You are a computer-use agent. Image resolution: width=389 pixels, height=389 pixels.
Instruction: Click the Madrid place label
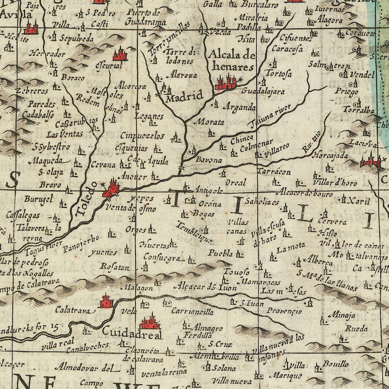tap(185, 97)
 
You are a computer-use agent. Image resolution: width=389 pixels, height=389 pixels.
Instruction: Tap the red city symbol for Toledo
tap(112, 189)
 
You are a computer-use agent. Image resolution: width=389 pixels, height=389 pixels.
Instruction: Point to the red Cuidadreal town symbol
tap(150, 322)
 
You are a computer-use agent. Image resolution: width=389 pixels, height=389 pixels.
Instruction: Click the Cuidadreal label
tap(132, 335)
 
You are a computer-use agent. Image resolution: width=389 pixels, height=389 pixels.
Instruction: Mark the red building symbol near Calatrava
tap(106, 301)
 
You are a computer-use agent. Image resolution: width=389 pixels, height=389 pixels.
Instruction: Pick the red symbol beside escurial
tap(120, 55)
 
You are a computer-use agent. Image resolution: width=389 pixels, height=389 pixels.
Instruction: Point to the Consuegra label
tap(166, 258)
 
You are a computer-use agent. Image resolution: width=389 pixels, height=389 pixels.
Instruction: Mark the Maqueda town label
tap(45, 161)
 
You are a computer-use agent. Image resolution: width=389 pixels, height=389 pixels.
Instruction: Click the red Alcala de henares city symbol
tap(226, 82)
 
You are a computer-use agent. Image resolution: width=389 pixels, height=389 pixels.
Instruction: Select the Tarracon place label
tap(274, 172)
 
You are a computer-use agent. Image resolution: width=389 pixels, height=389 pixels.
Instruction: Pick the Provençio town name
tap(283, 311)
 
